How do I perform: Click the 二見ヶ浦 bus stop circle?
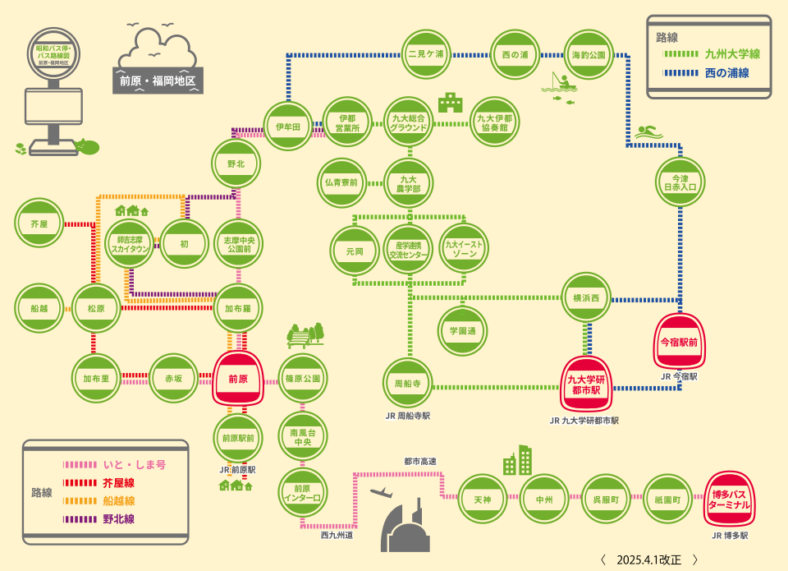tap(426, 54)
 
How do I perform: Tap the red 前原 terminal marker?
tap(237, 379)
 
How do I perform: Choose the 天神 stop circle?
tap(482, 499)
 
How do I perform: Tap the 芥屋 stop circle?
tap(39, 223)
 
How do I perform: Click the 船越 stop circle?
tap(39, 309)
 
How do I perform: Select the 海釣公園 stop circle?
tap(589, 54)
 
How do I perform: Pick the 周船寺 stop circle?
tap(408, 383)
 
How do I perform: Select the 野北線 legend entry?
tap(119, 519)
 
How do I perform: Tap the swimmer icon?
tap(648, 131)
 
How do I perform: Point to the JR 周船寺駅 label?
tap(408, 416)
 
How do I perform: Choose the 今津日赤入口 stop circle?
tap(680, 182)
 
